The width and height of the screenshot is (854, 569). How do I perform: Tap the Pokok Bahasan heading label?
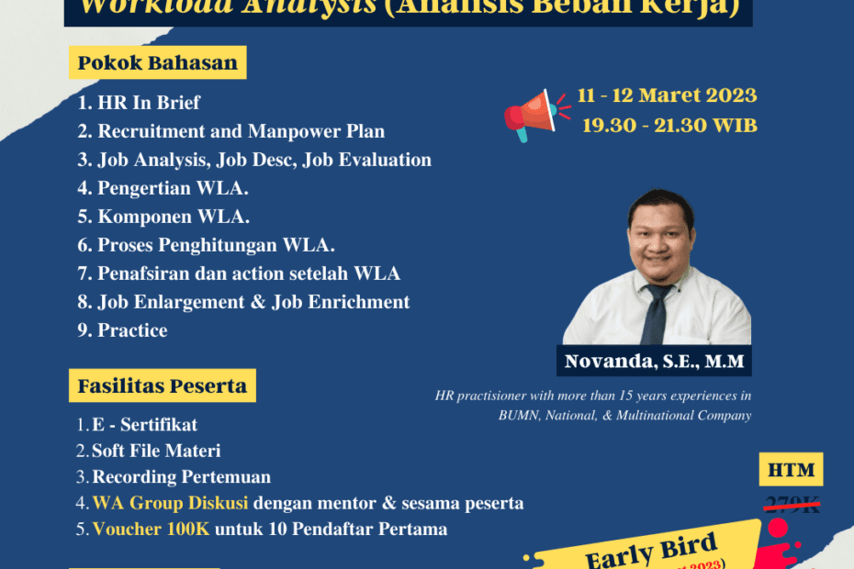tap(157, 63)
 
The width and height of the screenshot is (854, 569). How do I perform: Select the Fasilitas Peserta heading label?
tap(162, 385)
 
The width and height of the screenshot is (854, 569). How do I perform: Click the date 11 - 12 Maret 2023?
tap(667, 95)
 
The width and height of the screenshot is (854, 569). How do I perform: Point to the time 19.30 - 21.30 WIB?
tap(669, 126)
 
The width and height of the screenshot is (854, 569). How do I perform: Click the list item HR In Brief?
tap(149, 103)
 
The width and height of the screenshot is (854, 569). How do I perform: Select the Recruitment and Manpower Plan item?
tap(241, 131)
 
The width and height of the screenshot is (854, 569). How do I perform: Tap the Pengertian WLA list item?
tap(173, 188)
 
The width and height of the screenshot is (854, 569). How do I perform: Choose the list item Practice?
tap(132, 330)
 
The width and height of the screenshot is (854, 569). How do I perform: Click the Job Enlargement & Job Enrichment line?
tap(253, 302)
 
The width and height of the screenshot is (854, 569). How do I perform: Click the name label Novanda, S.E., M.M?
tap(653, 362)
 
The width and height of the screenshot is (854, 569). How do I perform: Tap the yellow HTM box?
tap(792, 471)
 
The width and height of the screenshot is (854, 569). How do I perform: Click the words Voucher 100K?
tap(151, 529)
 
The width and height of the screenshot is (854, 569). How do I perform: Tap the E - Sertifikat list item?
tap(144, 425)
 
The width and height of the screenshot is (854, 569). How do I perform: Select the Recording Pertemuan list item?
tap(181, 477)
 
